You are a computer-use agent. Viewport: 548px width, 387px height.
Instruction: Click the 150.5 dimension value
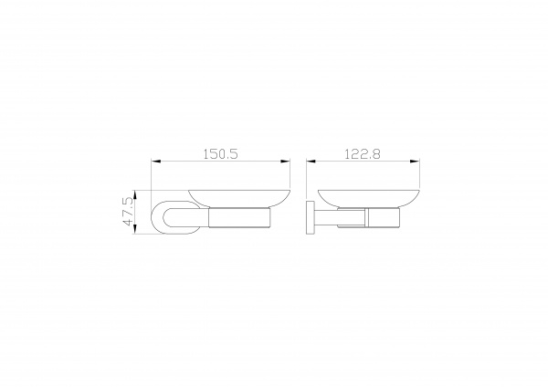coord(220,153)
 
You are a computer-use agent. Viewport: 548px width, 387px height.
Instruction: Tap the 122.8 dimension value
coord(363,153)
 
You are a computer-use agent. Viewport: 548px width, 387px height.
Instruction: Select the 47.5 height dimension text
coord(127,212)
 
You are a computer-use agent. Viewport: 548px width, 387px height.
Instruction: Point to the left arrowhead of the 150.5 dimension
coord(156,162)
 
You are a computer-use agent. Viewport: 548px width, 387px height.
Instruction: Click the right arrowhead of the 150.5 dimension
coord(285,162)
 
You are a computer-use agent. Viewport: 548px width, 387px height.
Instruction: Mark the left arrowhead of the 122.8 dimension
coord(311,162)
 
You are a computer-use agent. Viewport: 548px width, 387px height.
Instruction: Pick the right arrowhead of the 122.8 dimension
coord(415,162)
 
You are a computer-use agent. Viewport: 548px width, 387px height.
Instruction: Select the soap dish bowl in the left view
coord(239,199)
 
